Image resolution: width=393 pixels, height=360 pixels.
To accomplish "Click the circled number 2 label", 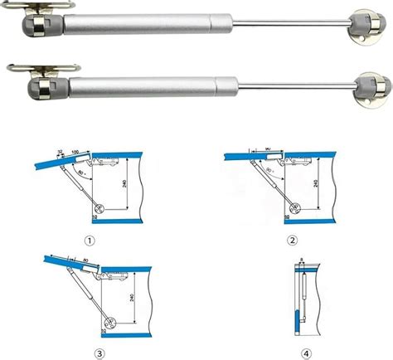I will [x=292, y=241].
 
